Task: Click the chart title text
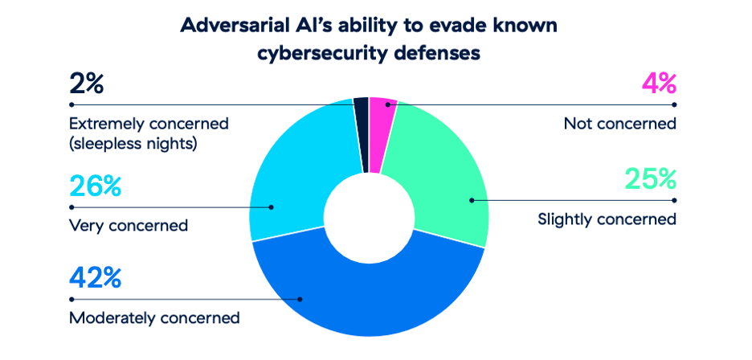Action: [x=369, y=39]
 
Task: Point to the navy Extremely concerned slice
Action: [x=362, y=134]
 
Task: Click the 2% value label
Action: [x=86, y=84]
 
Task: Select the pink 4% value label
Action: [x=659, y=84]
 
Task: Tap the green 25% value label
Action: [x=651, y=179]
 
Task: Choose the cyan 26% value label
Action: [x=95, y=186]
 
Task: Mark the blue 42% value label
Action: [x=95, y=279]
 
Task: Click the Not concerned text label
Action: [x=620, y=124]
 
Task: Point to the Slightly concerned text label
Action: [x=607, y=219]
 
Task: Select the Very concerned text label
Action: [x=129, y=225]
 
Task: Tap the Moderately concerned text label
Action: [x=154, y=317]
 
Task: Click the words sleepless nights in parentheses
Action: [x=133, y=144]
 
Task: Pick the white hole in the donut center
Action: [x=369, y=216]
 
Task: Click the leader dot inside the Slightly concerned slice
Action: [x=472, y=200]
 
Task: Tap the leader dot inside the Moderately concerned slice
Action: [x=300, y=299]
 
